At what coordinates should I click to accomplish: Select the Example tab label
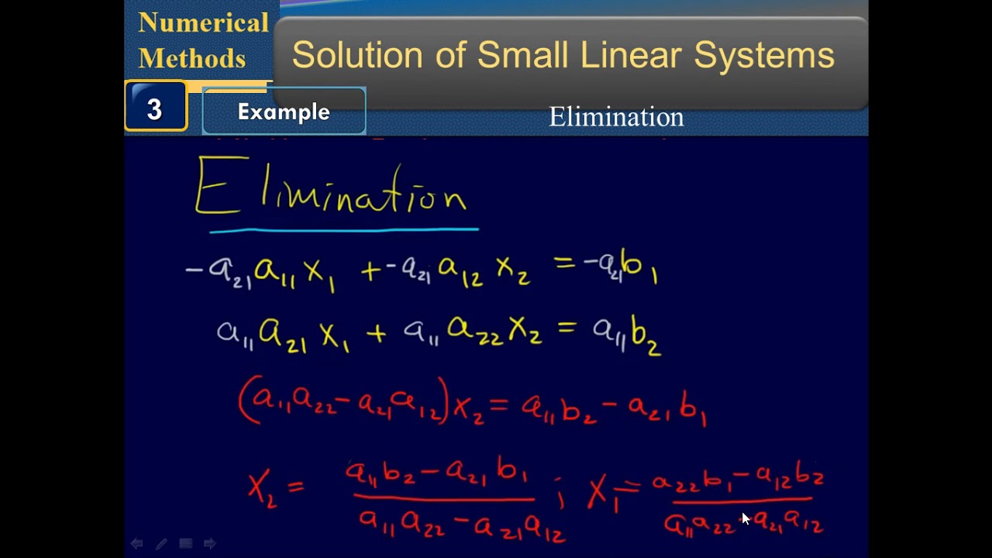coord(284,112)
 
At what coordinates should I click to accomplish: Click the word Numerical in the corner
coord(203,23)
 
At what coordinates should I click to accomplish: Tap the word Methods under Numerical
coord(191,58)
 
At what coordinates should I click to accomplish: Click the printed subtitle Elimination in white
coord(616,117)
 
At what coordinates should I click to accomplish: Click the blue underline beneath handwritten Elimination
coord(343,229)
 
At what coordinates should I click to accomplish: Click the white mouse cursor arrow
coord(746,518)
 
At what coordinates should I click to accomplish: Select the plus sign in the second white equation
coord(376,334)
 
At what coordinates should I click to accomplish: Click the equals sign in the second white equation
coord(567,330)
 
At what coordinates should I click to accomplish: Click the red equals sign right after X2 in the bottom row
coord(295,487)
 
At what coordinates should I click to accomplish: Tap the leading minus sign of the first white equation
coord(193,270)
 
